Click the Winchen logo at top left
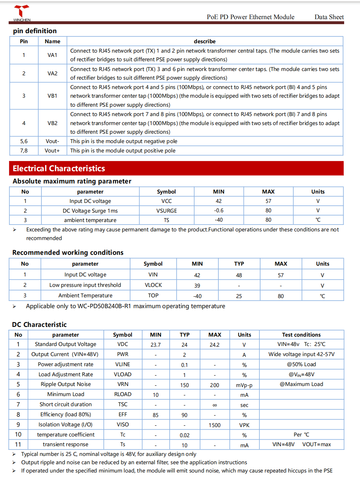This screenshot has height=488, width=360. [22, 13]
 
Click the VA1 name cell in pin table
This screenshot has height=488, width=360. [52, 55]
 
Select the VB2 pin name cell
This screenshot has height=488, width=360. [52, 123]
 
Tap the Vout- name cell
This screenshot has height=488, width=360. [52, 141]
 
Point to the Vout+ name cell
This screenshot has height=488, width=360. [52, 151]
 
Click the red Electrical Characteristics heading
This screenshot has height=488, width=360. [59, 168]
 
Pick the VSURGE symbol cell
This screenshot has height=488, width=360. [166, 211]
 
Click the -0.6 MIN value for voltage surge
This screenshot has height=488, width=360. [218, 210]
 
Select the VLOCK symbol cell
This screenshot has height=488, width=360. [153, 285]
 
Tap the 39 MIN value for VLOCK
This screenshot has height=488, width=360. [197, 286]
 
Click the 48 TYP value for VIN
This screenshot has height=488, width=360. [239, 275]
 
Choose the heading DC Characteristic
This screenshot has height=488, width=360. [39, 325]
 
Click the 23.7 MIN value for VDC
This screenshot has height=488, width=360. [156, 345]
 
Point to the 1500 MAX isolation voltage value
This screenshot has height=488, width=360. [214, 425]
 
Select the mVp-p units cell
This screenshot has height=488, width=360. [244, 385]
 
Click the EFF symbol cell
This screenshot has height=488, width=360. [123, 414]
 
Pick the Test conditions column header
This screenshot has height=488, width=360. [301, 335]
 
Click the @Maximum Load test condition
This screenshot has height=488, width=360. [301, 384]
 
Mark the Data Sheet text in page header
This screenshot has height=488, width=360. [329, 17]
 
